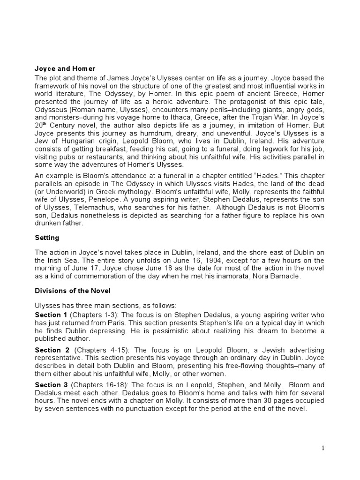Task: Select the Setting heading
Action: pyautogui.click(x=47, y=238)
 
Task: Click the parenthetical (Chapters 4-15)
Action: pyautogui.click(x=98, y=350)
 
